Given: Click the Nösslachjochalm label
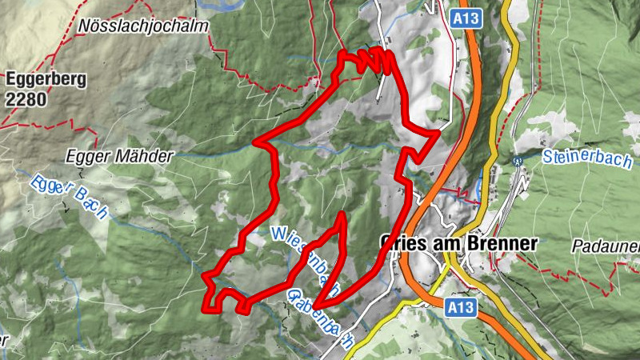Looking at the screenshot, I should pos(143,26).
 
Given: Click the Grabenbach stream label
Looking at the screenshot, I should pos(318,318).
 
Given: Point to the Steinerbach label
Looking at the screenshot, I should pos(586,158).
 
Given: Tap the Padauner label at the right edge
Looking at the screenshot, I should pos(606,246).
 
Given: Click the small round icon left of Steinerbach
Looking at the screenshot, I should pos(517,160).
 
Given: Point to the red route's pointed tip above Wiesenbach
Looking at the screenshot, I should pos(343,215).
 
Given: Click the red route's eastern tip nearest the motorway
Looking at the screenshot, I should pos(437,134).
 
